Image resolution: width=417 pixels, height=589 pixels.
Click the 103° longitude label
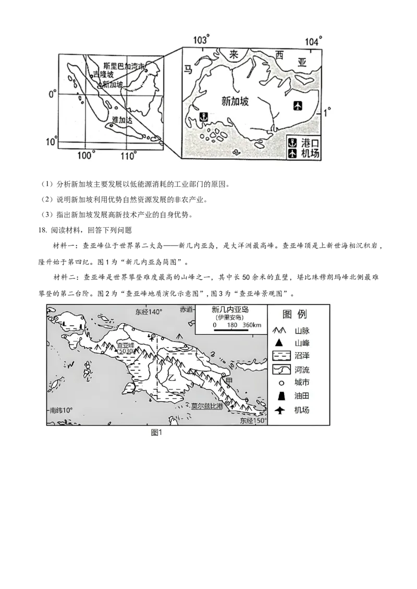tap(201, 40)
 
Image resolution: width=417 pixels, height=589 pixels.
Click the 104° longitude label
tap(313, 41)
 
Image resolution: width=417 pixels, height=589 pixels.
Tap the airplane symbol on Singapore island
tap(298, 106)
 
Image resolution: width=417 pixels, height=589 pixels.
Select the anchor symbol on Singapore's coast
tap(203, 117)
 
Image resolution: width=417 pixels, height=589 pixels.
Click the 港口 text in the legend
tap(310, 143)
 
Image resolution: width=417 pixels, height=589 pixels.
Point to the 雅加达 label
tap(122, 120)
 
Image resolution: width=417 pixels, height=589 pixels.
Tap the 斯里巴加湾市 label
tap(124, 66)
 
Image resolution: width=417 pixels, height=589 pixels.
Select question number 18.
tap(42, 230)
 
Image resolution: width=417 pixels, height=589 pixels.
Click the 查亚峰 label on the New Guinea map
tap(125, 345)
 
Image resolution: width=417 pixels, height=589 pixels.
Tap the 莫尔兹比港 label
tap(207, 406)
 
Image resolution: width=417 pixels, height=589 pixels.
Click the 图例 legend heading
tap(295, 314)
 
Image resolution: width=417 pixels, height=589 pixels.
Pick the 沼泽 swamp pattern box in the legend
tap(281, 356)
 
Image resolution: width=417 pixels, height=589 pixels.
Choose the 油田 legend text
tap(302, 395)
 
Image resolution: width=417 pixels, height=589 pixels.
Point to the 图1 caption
tap(156, 432)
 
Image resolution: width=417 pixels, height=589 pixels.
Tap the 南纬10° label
tap(62, 410)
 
